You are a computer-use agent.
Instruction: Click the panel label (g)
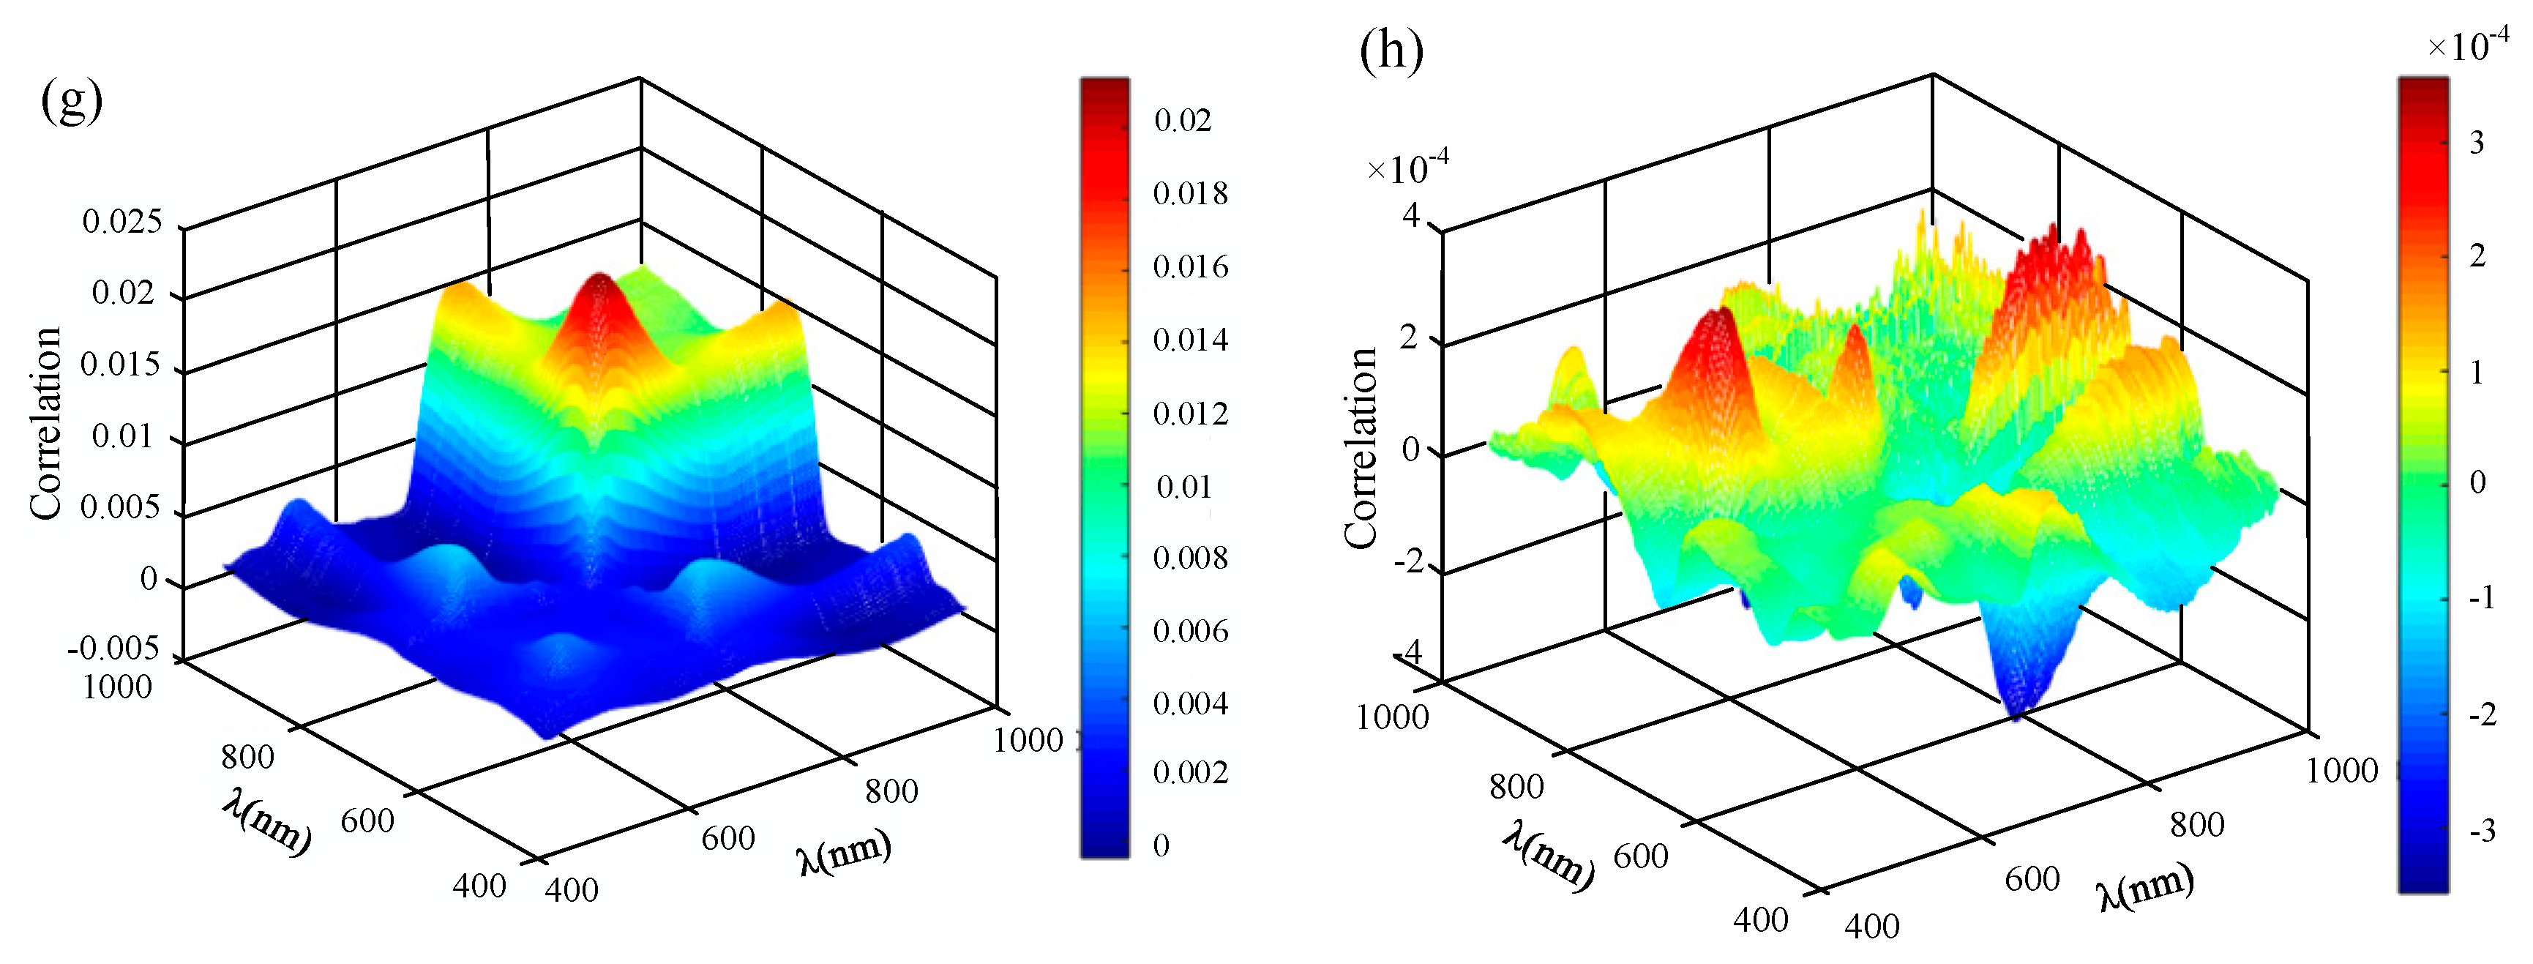click(71, 100)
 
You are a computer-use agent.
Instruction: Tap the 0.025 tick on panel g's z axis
click(122, 221)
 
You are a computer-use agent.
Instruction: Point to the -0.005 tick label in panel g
click(113, 649)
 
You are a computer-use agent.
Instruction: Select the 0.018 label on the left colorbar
click(1190, 194)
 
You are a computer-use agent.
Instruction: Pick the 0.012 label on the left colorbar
click(1190, 413)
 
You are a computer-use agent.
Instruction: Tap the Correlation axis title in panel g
click(45, 423)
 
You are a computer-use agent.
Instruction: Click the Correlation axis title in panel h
click(1361, 447)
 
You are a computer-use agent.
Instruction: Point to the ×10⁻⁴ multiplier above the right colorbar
click(2467, 45)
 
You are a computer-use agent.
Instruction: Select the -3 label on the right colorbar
click(2482, 832)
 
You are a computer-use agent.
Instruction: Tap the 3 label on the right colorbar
click(2476, 143)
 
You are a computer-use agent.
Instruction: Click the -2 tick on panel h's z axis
click(1408, 563)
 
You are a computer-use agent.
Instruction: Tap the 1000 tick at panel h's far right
click(2341, 770)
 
